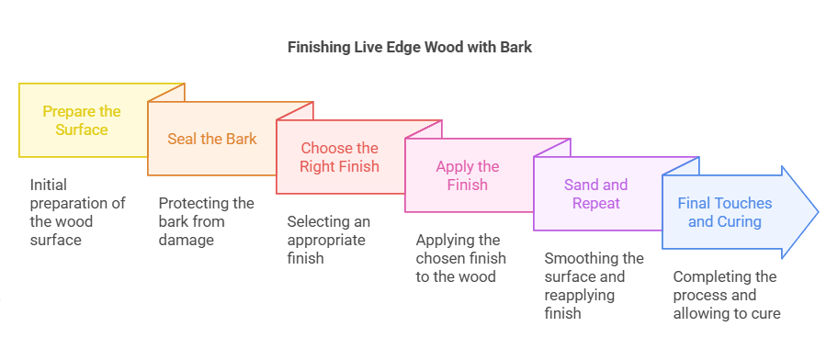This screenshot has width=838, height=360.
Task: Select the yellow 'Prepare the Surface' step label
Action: point(82,120)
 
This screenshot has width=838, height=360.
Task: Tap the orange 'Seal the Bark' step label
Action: point(211,139)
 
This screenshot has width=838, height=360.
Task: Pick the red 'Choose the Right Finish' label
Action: point(340,157)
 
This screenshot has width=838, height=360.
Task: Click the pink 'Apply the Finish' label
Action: point(469,175)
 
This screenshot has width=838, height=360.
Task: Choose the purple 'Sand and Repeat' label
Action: point(596,194)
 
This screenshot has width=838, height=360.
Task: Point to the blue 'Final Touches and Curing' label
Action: point(725,212)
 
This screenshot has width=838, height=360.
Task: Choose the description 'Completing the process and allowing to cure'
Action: point(726,295)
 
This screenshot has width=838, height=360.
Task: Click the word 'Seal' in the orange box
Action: point(182,139)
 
